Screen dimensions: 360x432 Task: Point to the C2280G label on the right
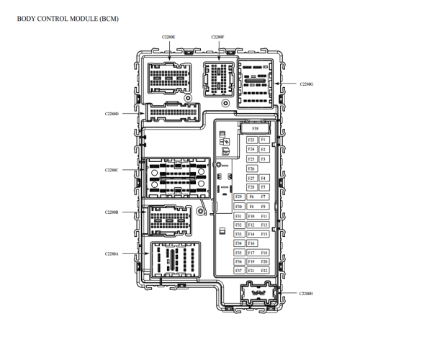coord(306,84)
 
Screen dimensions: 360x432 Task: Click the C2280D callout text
coord(111,114)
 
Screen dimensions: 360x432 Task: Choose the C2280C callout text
coord(111,170)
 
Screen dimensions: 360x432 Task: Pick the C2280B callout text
coord(111,212)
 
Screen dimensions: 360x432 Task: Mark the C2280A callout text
coord(111,253)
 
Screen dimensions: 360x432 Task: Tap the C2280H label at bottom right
coord(306,294)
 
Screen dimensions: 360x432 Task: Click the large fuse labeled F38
coord(255,129)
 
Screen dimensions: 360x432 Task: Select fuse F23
coord(251,140)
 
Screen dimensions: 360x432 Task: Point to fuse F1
coord(264,140)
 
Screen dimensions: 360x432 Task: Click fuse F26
coord(251,168)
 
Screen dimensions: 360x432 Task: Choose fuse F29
coord(238,197)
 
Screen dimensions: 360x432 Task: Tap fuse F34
coord(238,243)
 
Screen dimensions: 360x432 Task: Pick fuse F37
coord(238,271)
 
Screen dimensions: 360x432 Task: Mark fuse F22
coord(264,271)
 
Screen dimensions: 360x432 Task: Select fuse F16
coord(251,243)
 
